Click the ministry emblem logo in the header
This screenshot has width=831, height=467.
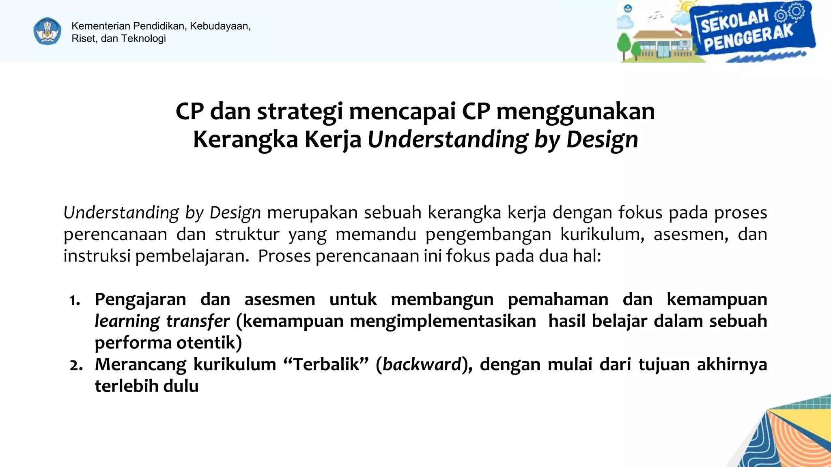47,31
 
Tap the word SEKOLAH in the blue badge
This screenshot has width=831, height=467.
734,21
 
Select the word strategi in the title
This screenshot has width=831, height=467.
300,111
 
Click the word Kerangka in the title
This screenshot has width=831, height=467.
245,139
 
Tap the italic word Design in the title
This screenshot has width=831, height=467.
602,139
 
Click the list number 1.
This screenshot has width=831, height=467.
75,300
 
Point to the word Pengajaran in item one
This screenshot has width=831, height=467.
140,300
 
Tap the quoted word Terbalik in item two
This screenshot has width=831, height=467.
326,364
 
